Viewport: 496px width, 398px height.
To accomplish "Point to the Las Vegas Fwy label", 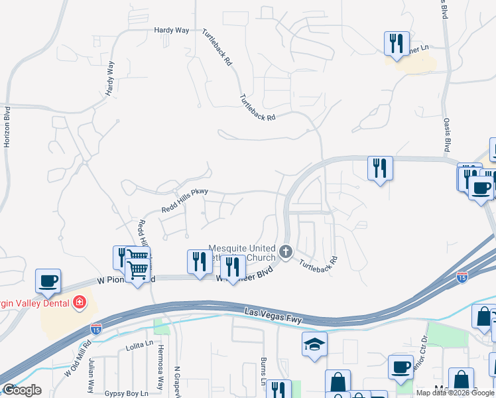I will [273, 316].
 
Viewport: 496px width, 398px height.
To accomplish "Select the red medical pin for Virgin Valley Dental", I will [79, 302].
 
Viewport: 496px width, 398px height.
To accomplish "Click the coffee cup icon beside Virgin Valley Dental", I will [48, 281].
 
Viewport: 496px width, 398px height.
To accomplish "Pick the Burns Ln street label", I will [263, 371].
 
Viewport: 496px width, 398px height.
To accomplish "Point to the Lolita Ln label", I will [139, 348].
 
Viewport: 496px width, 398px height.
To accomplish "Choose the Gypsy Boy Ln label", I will [126, 393].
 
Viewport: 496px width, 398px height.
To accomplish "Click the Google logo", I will [21, 390].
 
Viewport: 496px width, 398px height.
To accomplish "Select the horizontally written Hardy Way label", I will [171, 31].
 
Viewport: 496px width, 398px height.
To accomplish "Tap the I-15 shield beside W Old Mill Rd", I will [95, 328].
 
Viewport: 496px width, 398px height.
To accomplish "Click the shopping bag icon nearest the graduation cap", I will [338, 381].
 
